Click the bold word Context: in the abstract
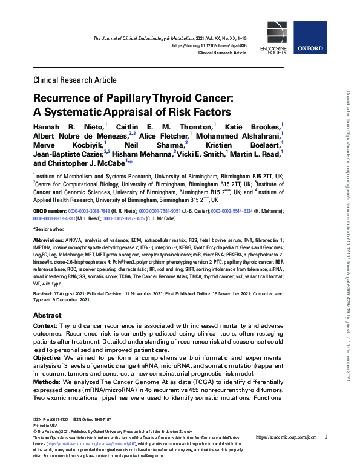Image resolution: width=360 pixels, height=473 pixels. pyautogui.click(x=45, y=327)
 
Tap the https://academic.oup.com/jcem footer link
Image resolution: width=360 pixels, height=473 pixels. pyautogui.click(x=286, y=437)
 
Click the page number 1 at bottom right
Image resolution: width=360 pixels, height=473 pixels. pyautogui.click(x=326, y=437)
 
